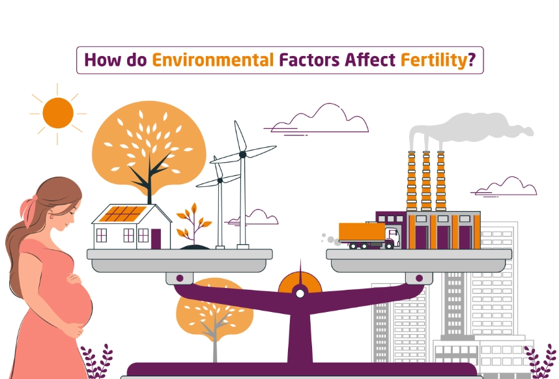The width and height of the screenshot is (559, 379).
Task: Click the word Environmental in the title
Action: click(x=212, y=61)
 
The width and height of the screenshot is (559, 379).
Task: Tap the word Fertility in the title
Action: click(x=431, y=61)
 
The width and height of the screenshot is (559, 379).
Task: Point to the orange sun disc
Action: click(x=58, y=113)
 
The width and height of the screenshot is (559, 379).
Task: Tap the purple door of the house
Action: click(x=156, y=238)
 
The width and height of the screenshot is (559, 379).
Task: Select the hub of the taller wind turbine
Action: click(x=242, y=154)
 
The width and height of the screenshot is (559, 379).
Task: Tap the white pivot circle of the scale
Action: click(x=300, y=294)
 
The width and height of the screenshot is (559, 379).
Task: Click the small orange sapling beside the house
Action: click(x=193, y=222)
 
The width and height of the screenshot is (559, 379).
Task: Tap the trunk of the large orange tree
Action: click(x=149, y=182)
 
